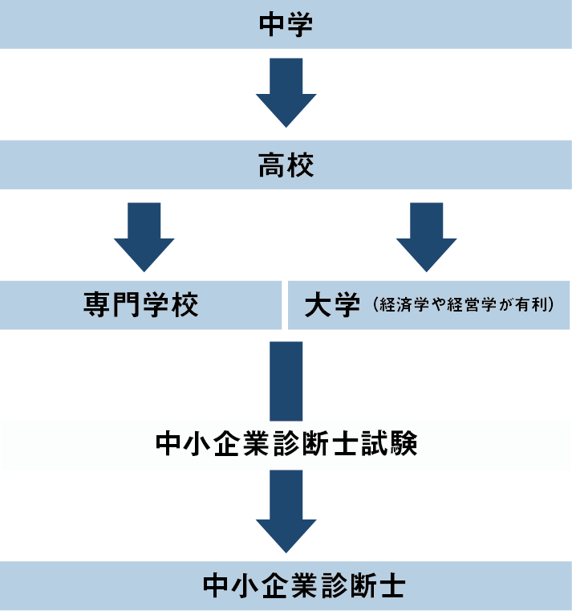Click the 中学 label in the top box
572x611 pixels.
click(x=286, y=25)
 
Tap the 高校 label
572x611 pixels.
click(x=286, y=166)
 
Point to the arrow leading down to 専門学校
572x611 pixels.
click(x=144, y=236)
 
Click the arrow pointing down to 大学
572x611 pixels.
click(x=426, y=236)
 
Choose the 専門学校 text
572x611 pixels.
click(x=141, y=306)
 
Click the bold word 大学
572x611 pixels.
click(x=332, y=306)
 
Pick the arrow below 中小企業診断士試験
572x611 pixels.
click(x=286, y=510)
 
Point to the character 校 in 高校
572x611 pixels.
click(x=301, y=166)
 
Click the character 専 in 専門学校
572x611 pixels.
click(x=98, y=306)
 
